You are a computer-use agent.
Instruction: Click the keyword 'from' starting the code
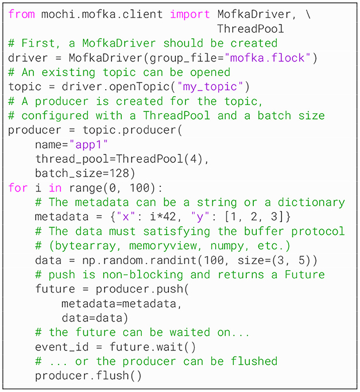pyautogui.click(x=22, y=13)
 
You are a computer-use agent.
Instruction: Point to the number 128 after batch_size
pyautogui.click(x=126, y=173)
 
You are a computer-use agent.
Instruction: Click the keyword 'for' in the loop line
pyautogui.click(x=18, y=188)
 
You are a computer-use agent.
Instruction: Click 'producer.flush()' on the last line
pyautogui.click(x=88, y=376)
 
